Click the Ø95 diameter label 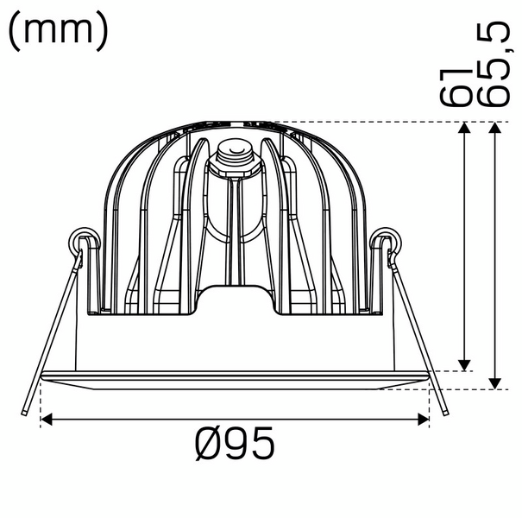235,445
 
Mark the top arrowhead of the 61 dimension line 464,129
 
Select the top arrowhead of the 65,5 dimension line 494,129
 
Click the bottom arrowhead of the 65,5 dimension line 494,382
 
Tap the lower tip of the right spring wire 445,413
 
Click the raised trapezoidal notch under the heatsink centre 235,299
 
